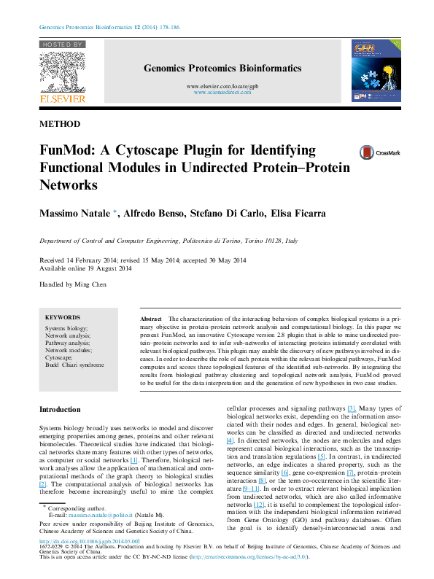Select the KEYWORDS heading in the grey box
point(63,317)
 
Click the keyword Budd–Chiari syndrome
point(74,365)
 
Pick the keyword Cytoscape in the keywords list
point(59,357)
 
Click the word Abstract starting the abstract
point(150,319)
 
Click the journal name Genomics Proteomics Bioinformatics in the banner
point(222,69)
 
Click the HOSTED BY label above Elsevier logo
point(62,44)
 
